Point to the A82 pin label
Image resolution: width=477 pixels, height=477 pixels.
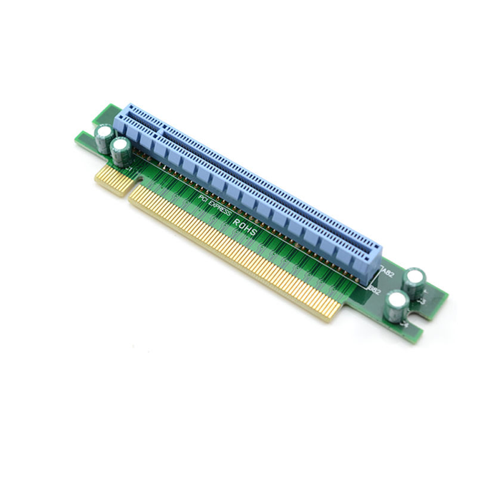coord(388,274)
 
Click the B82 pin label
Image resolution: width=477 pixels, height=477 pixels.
coord(375,290)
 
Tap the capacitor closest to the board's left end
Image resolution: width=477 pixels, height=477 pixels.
coord(103,135)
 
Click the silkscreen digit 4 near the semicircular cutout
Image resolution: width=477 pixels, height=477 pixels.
coord(405,326)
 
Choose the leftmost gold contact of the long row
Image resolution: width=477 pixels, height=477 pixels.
coord(134,196)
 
